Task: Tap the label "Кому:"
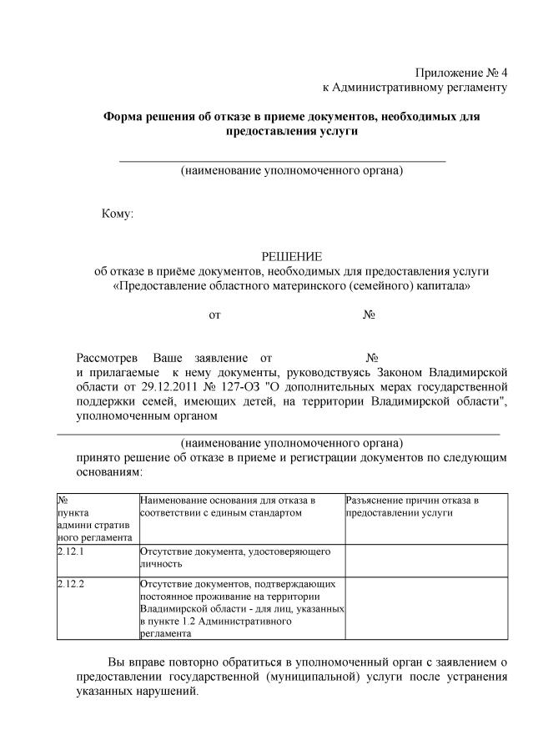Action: pyautogui.click(x=118, y=214)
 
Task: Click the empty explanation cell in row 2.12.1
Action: pyautogui.click(x=425, y=558)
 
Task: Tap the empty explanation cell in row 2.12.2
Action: pyautogui.click(x=425, y=607)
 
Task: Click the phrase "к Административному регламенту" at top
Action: pyautogui.click(x=415, y=87)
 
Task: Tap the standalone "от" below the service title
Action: pyautogui.click(x=214, y=315)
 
